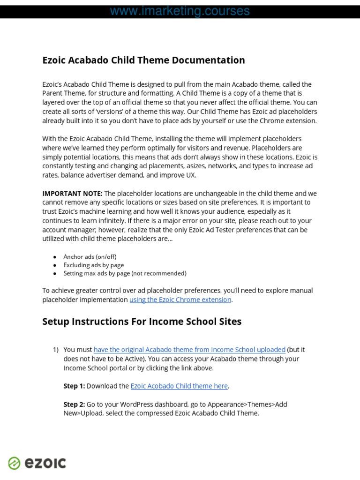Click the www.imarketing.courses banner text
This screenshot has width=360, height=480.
click(x=180, y=11)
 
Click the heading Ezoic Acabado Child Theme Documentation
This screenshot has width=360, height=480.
click(x=143, y=60)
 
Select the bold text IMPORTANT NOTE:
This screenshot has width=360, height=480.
click(x=72, y=193)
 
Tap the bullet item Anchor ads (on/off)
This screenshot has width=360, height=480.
click(x=90, y=256)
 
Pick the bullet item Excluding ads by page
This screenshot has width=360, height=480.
click(x=93, y=265)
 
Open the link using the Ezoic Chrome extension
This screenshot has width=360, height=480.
click(x=180, y=300)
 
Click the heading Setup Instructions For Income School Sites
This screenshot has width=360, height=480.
click(x=142, y=322)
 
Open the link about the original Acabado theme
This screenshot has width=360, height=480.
click(x=189, y=350)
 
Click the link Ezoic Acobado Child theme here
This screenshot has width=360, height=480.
click(x=179, y=386)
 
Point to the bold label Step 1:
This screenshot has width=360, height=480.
click(x=74, y=386)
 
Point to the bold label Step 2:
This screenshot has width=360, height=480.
click(x=74, y=404)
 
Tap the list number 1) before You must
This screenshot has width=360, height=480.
click(x=56, y=350)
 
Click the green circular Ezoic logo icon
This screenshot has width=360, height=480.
click(x=15, y=463)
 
